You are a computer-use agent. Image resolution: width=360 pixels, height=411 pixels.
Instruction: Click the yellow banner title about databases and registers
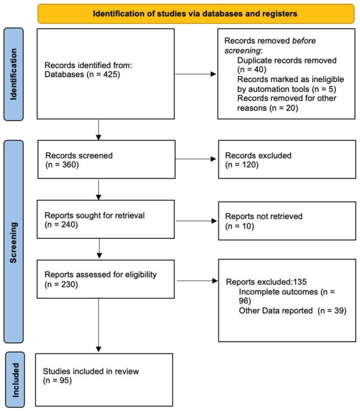[x=195, y=14]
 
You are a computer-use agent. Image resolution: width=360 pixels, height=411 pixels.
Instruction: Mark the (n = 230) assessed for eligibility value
[x=62, y=284]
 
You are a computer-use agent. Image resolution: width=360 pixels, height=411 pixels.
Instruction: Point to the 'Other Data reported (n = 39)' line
[x=289, y=310]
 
